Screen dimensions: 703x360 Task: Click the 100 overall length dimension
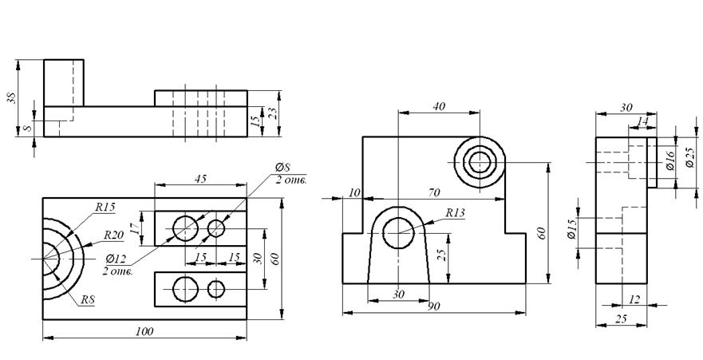[x=144, y=331]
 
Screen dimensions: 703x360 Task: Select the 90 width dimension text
[x=434, y=307]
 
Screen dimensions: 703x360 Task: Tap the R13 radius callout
[x=455, y=212]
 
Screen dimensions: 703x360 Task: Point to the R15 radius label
[x=105, y=207]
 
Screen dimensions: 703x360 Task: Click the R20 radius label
[x=114, y=235]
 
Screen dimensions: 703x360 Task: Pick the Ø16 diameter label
[x=669, y=160]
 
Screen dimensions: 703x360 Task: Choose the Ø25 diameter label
[x=690, y=157]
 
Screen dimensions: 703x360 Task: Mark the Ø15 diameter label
[x=571, y=228]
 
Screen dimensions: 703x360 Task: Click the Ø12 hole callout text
[x=117, y=259]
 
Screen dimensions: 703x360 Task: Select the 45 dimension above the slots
[x=200, y=179]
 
